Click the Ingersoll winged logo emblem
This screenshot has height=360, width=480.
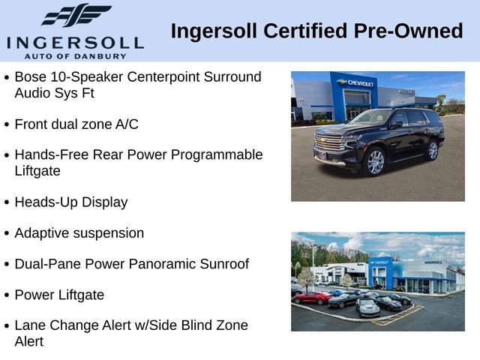75,16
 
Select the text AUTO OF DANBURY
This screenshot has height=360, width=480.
74,55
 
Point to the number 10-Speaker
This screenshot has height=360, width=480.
86,77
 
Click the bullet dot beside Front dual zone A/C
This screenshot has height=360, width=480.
7,124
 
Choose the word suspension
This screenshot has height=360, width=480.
106,233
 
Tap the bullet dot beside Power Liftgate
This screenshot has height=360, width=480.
7,295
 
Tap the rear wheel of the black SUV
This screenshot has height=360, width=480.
433,149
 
